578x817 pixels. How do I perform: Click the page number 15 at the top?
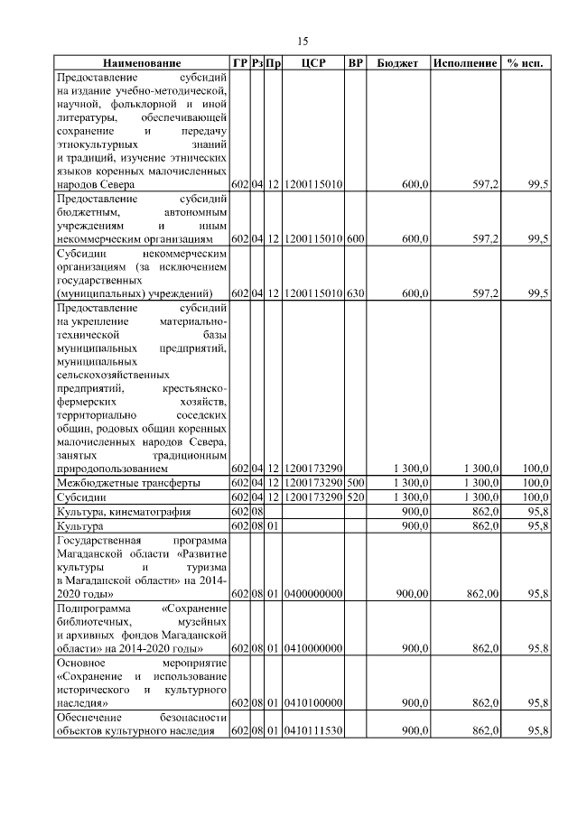point(303,41)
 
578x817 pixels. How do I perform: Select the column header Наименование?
point(142,64)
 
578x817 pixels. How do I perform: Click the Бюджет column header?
point(397,64)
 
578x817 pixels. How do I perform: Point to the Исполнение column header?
point(464,64)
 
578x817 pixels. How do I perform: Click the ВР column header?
point(356,64)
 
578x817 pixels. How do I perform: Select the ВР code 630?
point(356,293)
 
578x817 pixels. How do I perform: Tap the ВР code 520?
point(356,497)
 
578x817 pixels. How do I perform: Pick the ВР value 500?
point(356,484)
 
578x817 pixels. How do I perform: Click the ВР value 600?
point(356,239)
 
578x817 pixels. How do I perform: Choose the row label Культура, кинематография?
point(124,511)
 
